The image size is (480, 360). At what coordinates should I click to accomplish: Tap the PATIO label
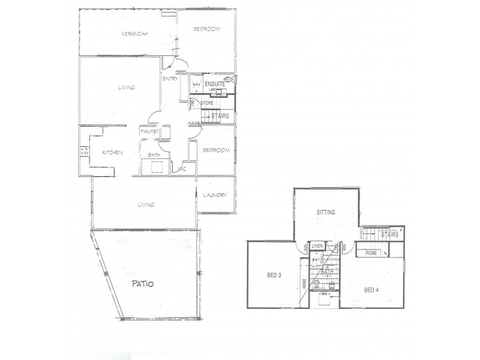pos(142,284)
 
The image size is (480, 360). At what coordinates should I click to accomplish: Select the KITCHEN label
pos(112,152)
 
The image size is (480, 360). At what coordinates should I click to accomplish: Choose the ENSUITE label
pos(214,85)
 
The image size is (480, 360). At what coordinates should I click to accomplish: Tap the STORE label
pos(207,103)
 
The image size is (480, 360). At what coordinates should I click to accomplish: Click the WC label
pos(184,170)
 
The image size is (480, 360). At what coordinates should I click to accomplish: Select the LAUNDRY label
pos(214,195)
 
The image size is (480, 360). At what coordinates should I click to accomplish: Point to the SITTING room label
pos(326,212)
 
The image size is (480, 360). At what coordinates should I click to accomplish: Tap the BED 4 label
pos(372,290)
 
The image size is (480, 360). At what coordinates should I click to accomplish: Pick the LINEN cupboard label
pos(317,246)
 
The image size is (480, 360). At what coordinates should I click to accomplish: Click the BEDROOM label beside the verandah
pos(206,29)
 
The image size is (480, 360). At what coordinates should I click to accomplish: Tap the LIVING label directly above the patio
pos(146,205)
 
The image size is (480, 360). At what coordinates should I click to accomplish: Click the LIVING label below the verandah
pos(127,88)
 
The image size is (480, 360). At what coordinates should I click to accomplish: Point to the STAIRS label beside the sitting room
pos(390,235)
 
